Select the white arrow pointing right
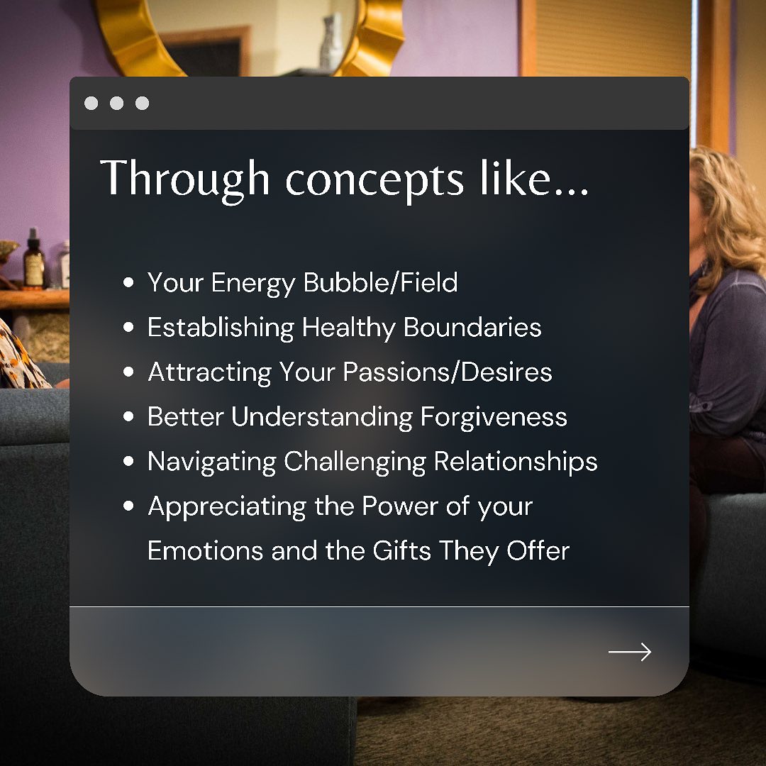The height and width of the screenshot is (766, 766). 630,652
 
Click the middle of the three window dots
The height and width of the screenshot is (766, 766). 117,103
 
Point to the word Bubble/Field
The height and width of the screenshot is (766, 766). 381,282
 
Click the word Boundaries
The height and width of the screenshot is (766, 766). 472,327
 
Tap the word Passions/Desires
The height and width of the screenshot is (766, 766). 448,372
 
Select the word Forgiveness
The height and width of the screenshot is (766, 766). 494,417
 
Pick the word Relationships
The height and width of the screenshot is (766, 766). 516,462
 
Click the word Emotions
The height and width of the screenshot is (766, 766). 206,551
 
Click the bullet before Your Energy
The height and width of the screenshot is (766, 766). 128,282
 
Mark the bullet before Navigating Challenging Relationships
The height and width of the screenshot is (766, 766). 128,461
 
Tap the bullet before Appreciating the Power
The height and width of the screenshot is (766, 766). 128,506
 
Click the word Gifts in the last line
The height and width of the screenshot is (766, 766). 401,550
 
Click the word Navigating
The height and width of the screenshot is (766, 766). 212,462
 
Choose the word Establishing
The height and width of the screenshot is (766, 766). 221,327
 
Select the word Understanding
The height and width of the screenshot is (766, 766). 323,417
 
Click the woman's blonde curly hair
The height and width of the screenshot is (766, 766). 728,215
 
